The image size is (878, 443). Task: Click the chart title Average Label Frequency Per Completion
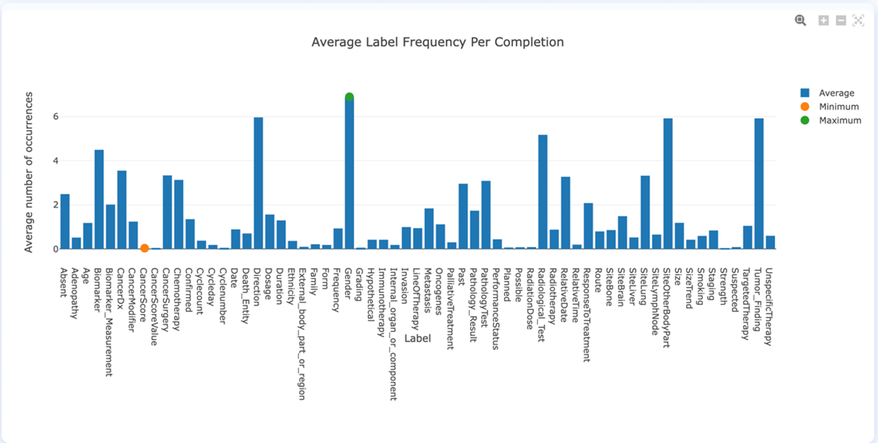coord(438,42)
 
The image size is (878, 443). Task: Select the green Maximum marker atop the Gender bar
coord(350,98)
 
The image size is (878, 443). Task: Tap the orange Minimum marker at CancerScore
coord(145,248)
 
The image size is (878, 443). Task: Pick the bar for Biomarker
coord(99,199)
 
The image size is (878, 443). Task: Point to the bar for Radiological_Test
coord(543,192)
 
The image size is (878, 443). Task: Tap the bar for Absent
coord(65,221)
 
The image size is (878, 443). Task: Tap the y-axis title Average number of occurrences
coord(29,172)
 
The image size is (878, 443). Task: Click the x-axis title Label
coord(418,338)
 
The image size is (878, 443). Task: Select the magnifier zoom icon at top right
coord(800,21)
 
